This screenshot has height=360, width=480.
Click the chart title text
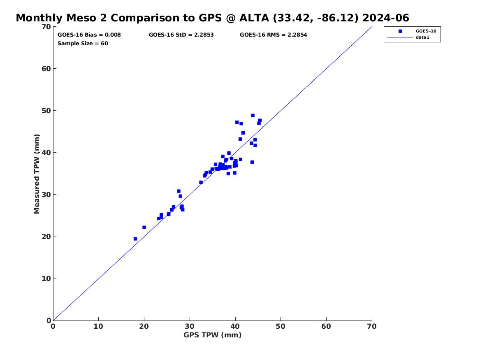coord(212,18)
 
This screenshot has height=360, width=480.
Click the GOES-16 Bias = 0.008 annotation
coord(89,35)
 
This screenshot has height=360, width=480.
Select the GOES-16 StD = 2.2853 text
coord(181,35)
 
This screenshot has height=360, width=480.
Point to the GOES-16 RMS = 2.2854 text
coord(273,35)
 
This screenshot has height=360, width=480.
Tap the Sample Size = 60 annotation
coord(83,43)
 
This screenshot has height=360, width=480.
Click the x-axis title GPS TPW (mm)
coord(212,335)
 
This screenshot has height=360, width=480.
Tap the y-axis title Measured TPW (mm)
coord(37,174)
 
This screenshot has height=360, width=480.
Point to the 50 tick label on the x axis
coord(281,326)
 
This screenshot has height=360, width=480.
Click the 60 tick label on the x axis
coord(326,326)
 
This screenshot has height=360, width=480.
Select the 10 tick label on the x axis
coord(98,326)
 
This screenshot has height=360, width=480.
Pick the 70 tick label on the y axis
coord(46,27)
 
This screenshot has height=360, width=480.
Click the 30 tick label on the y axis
coord(46,195)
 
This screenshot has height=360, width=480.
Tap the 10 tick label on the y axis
coord(46,279)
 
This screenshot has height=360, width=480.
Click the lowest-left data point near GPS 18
coord(135,239)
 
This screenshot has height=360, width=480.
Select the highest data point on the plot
coord(253,116)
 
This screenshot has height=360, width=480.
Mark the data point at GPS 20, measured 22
coord(144,227)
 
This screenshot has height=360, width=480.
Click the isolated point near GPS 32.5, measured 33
coord(201,182)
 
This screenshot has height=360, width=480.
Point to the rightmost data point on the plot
coord(260,121)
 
